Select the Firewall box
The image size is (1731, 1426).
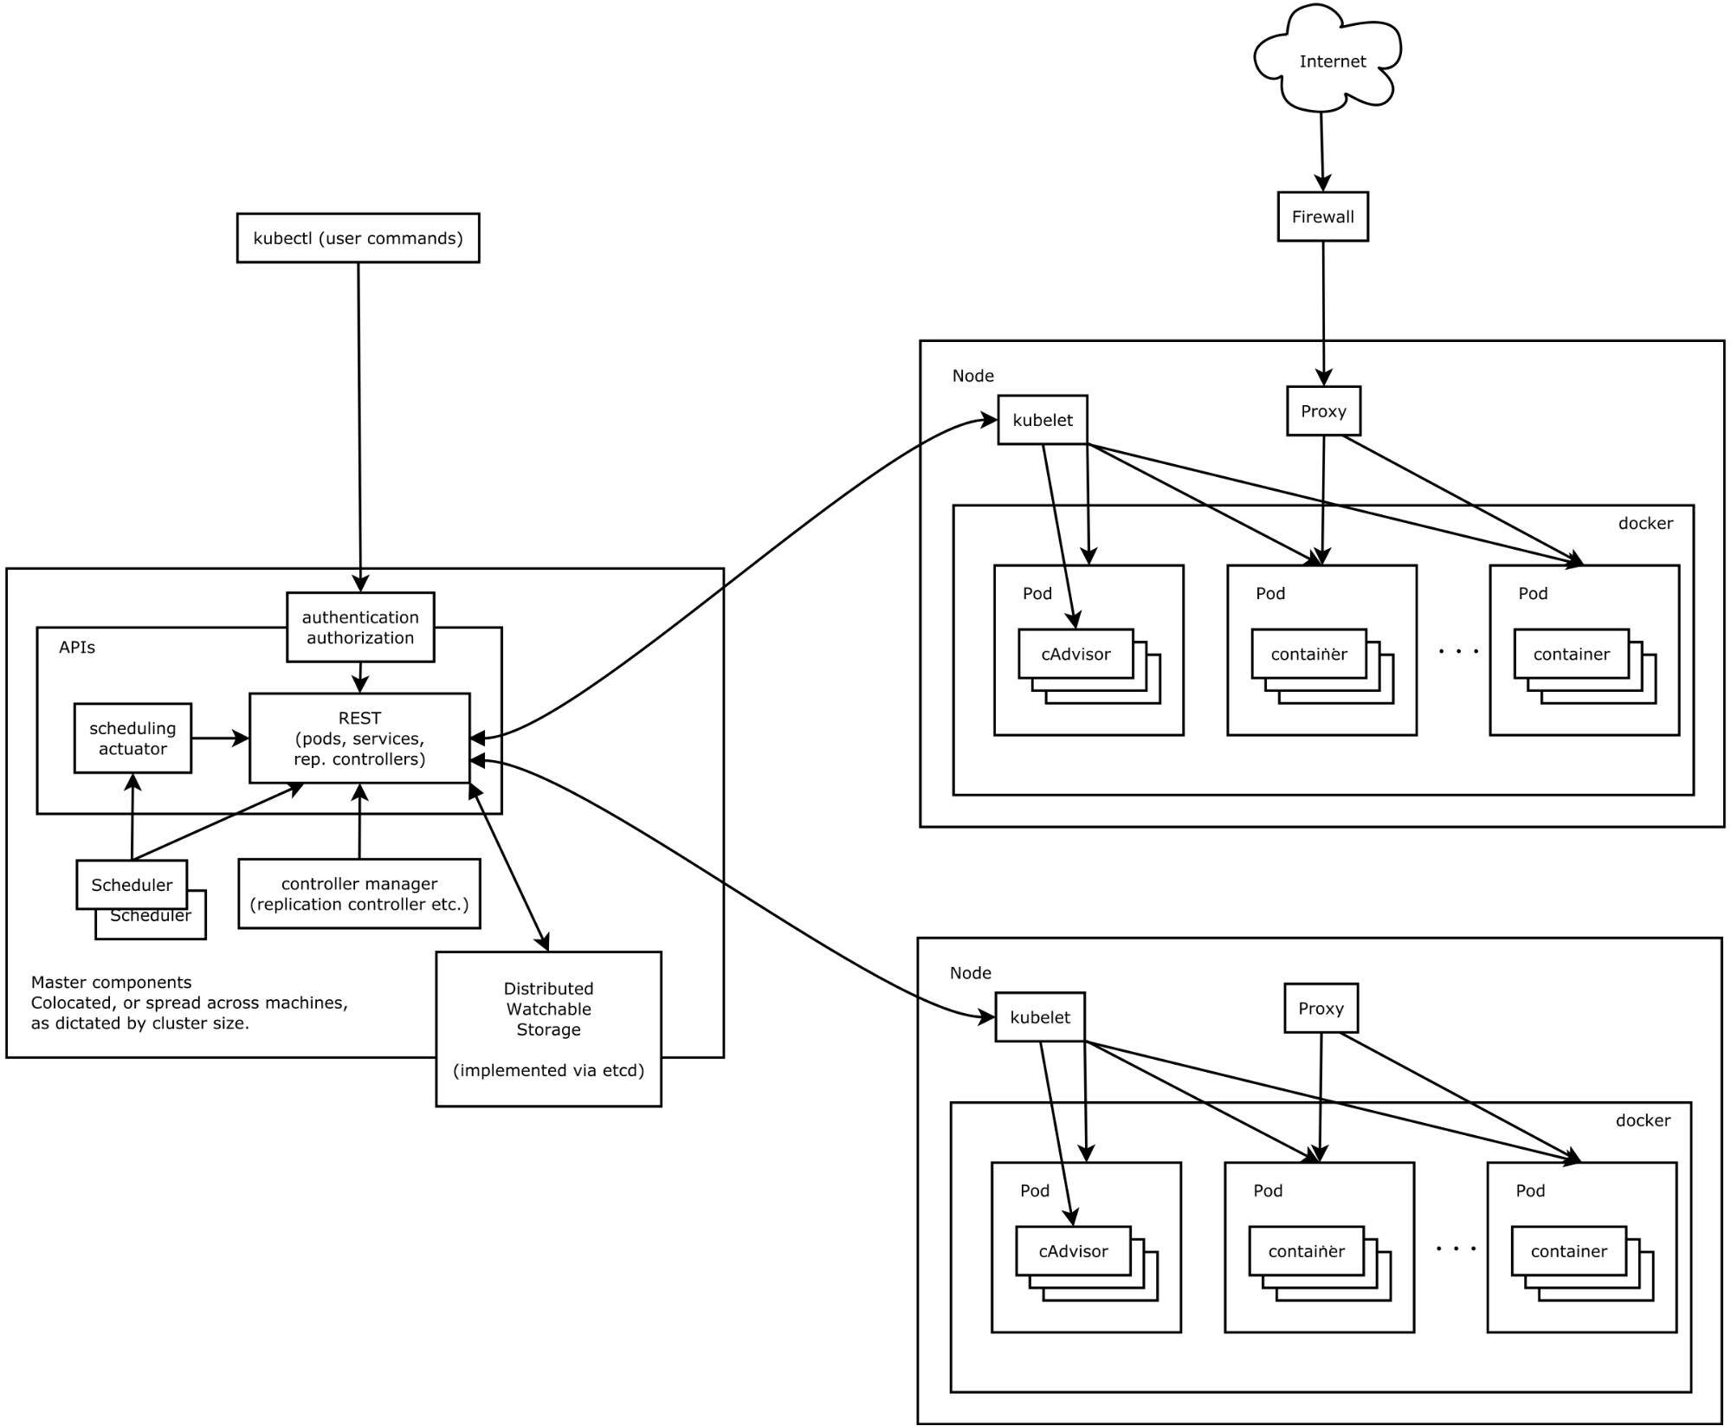1322,216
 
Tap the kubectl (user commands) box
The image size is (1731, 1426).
358,238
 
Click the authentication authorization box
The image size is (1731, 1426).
360,627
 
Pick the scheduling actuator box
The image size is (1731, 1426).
132,738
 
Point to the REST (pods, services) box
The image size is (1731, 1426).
359,738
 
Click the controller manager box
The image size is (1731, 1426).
358,894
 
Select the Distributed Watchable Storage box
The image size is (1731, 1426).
548,1028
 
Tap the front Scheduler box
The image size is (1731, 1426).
132,884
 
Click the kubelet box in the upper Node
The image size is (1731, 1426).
1042,420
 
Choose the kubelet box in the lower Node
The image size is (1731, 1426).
1039,1017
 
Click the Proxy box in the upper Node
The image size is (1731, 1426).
1322,410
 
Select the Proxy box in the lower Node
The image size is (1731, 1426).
1320,1008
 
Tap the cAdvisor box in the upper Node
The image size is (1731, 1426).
1075,654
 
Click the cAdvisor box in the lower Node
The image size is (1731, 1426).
1073,1251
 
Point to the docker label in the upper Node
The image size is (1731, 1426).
1645,523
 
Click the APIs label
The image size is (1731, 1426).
77,647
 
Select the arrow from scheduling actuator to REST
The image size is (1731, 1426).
220,738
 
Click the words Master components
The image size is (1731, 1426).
111,982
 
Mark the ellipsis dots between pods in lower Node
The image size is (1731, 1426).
1456,1249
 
